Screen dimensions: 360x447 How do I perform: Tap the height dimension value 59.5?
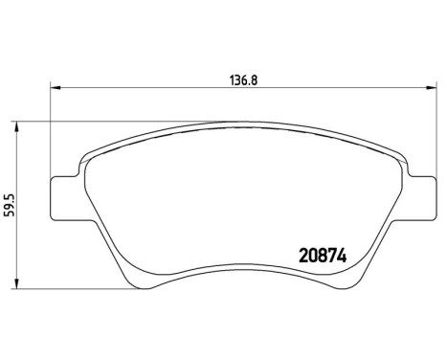coord(11,205)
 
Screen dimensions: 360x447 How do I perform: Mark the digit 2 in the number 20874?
coord(295,257)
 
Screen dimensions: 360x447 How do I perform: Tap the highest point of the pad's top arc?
coord(241,124)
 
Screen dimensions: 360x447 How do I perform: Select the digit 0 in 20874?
coord(304,257)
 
